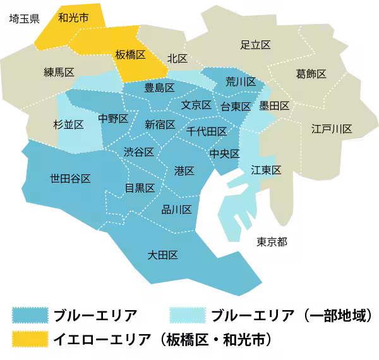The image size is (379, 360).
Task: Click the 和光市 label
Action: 73,17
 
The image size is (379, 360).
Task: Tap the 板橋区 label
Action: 130,55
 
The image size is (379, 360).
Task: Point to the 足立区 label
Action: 256,45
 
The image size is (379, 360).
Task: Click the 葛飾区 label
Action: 311,74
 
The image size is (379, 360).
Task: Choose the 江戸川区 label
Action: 332,129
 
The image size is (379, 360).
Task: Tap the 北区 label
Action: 177,58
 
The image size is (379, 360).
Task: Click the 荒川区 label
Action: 241,81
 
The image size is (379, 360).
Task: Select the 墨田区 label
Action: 274,105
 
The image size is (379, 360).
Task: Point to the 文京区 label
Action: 196,105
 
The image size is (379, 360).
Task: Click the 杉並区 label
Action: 68,124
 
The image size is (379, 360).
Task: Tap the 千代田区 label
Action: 207,131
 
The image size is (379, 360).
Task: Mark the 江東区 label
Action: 266,169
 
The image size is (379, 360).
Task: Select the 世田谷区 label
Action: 70,178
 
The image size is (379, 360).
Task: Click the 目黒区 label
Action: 140,188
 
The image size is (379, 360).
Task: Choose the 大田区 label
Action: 162,255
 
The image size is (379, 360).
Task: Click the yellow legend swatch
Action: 30,339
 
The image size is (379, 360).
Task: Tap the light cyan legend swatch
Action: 188,315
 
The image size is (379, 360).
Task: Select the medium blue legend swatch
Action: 30,315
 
